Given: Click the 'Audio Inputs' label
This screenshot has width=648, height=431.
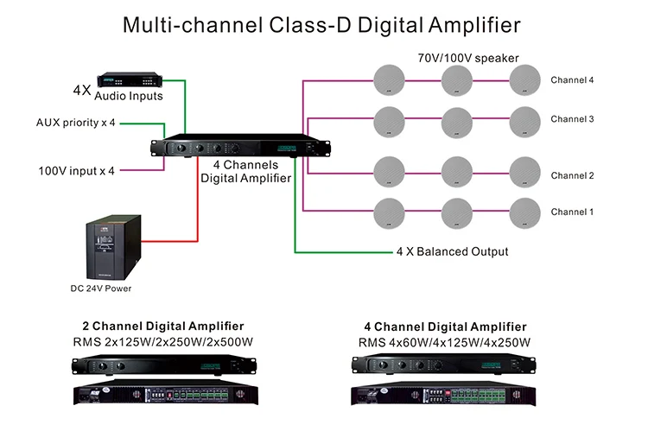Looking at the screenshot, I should [x=134, y=96].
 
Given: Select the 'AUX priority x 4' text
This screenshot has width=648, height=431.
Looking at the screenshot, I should [x=76, y=123].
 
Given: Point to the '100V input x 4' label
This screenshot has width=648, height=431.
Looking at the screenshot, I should [x=76, y=170].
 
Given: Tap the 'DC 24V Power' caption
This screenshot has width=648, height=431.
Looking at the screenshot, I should [x=102, y=288].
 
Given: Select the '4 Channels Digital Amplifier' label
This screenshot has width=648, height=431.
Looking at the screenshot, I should [x=245, y=171].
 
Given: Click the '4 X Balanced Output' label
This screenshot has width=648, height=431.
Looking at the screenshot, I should [x=452, y=252].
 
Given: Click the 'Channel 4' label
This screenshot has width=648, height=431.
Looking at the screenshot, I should [x=572, y=80].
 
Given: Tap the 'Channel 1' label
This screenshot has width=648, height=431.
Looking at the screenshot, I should [x=572, y=212].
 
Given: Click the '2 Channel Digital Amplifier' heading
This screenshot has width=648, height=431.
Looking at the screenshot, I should [x=162, y=326].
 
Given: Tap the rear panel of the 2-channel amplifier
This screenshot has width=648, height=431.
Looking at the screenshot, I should [x=163, y=395].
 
